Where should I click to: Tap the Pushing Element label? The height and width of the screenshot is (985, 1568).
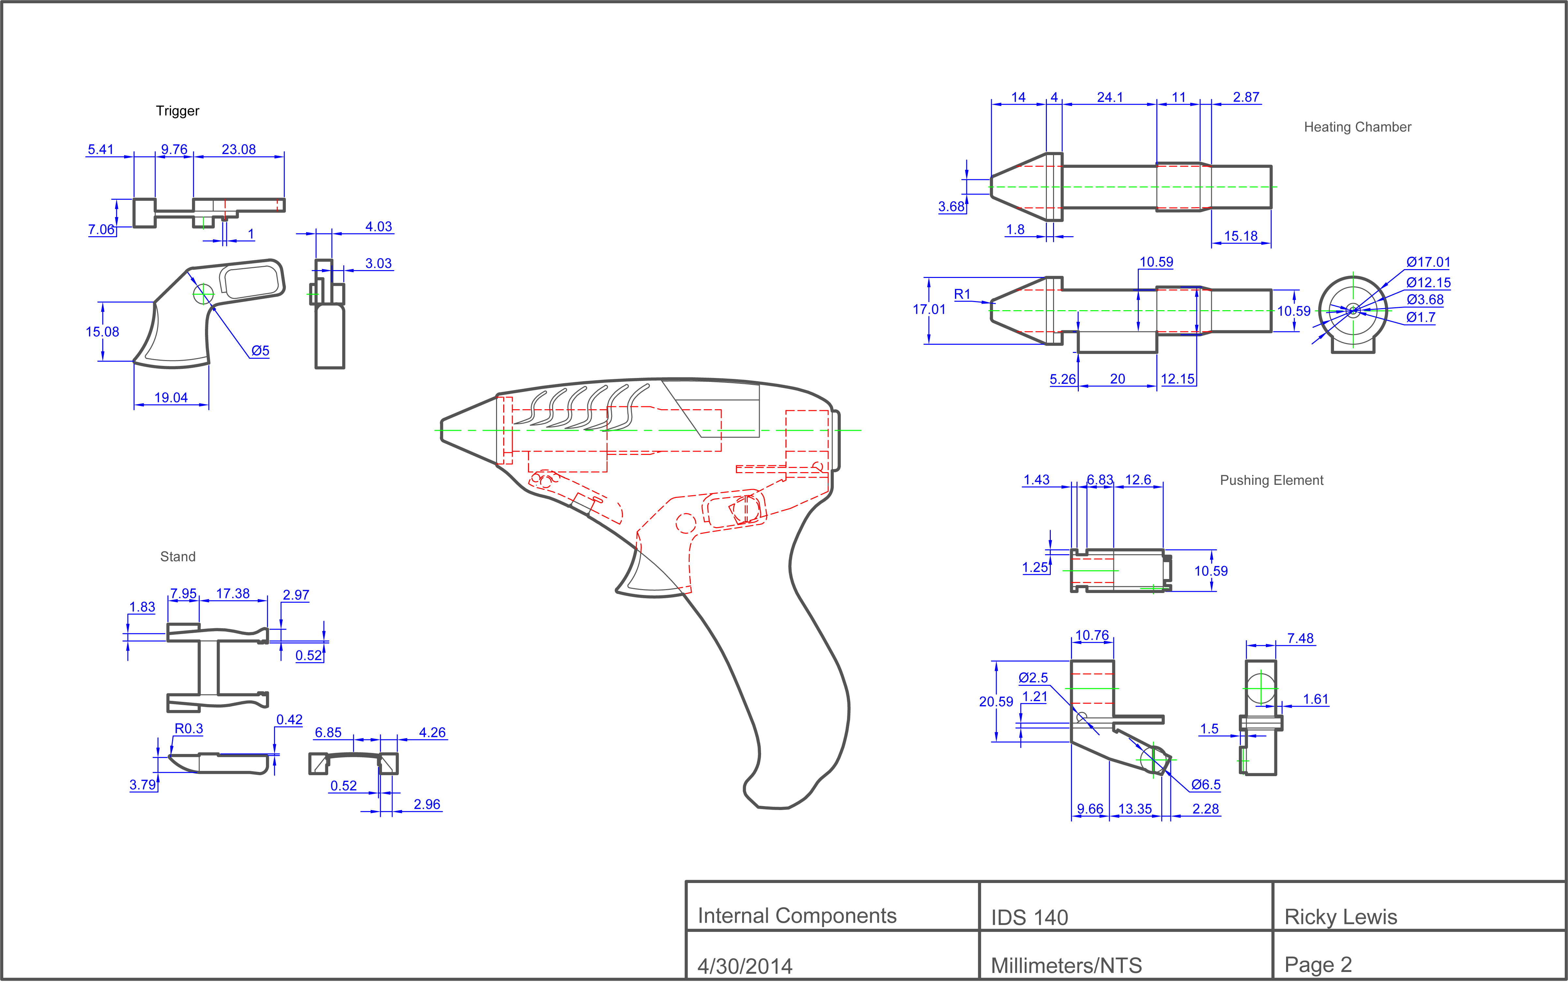1271,481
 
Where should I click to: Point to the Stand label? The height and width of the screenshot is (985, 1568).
178,557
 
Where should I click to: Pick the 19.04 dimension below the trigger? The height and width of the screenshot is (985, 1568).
170,398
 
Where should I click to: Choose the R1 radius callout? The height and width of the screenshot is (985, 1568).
962,294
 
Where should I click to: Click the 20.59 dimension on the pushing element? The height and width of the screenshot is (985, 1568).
996,702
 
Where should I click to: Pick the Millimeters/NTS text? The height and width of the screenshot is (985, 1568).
1066,965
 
